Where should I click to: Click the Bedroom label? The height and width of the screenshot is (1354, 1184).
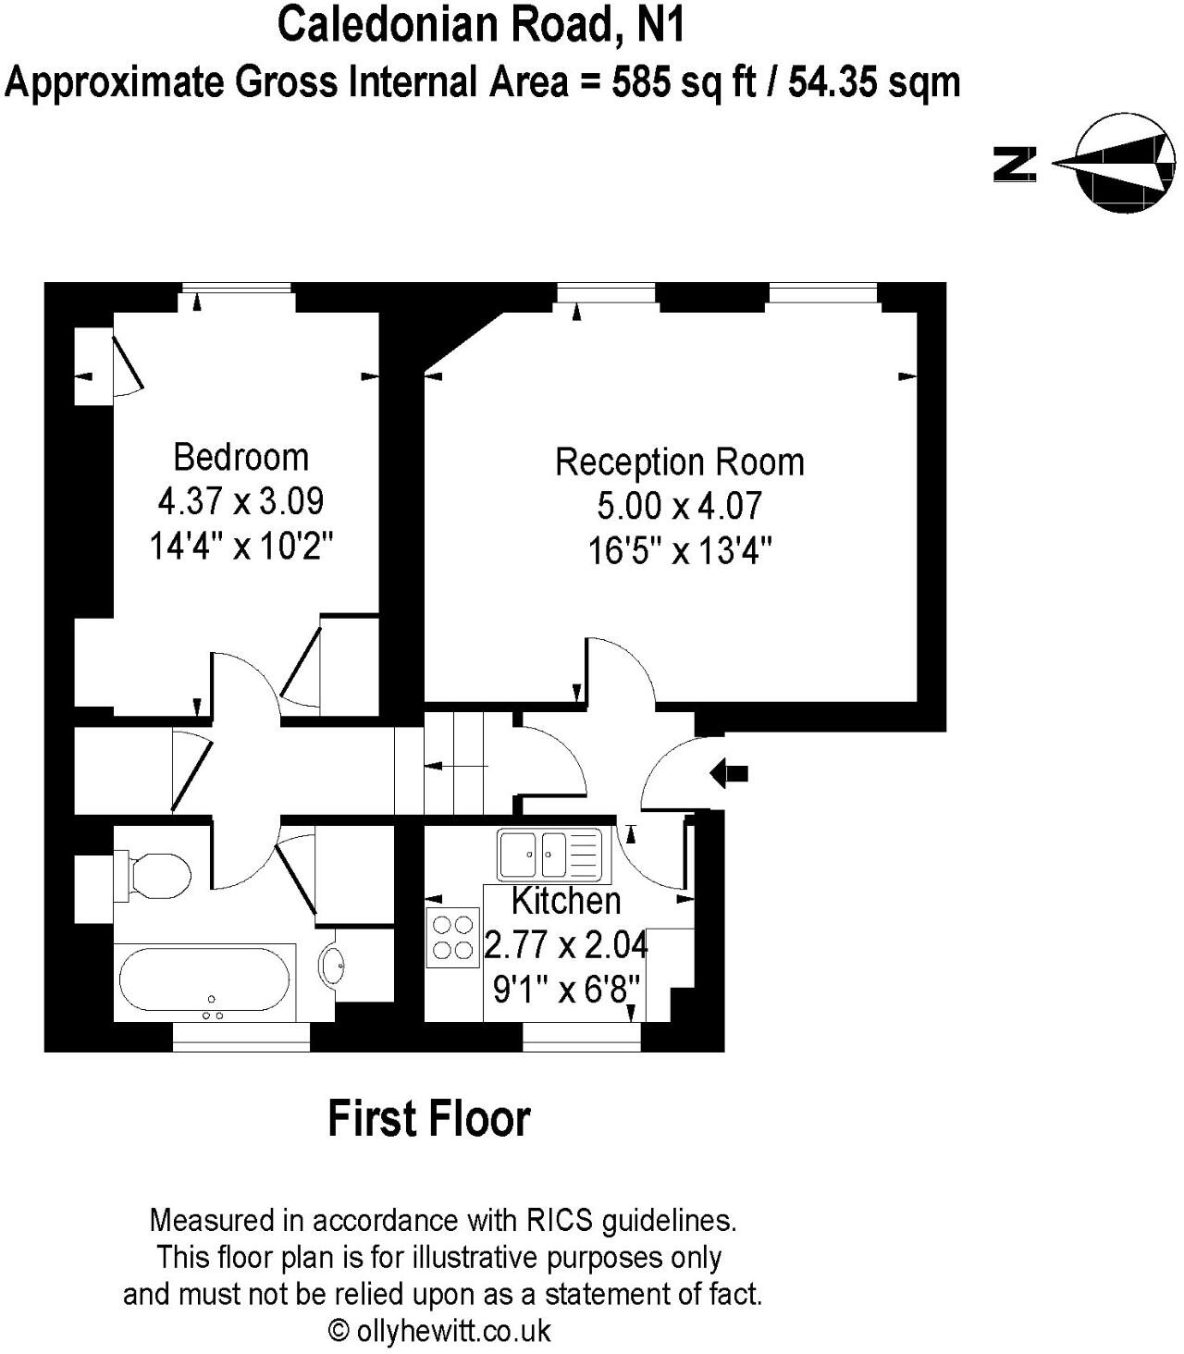240,457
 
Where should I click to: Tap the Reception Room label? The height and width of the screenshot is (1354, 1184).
679,462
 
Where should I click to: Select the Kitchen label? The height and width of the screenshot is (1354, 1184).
566,900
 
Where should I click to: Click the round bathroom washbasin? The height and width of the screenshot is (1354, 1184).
333,966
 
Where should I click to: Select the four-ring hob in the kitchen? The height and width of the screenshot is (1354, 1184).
452,936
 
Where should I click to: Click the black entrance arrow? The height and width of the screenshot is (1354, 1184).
729,773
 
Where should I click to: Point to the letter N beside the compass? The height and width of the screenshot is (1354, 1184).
1014,164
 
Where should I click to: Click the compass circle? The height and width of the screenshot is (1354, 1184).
1125,164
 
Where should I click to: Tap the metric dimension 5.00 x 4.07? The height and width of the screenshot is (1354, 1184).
679,506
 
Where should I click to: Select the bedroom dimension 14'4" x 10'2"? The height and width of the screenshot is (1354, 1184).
240,547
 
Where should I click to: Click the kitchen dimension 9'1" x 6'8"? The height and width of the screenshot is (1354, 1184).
566,991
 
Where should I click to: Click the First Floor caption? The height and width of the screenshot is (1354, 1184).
429,1118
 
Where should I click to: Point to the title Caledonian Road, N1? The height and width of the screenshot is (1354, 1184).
481,25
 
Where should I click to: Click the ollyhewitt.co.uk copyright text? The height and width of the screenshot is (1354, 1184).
440,1331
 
